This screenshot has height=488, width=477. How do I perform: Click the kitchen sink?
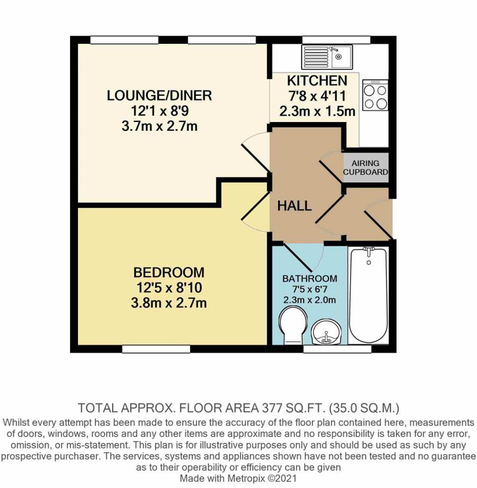pyautogui.click(x=327, y=57)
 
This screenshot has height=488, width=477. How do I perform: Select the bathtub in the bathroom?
pyautogui.click(x=368, y=295)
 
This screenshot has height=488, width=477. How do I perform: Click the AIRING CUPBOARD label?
pyautogui.click(x=366, y=168)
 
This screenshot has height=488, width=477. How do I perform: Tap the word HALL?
pyautogui.click(x=294, y=206)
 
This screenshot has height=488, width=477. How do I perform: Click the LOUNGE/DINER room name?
pyautogui.click(x=159, y=95)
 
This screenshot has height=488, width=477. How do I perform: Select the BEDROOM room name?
pyautogui.click(x=169, y=273)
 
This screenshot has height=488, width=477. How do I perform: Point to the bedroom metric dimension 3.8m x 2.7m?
pyautogui.click(x=169, y=303)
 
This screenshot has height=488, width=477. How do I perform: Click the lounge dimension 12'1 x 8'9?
pyautogui.click(x=159, y=111)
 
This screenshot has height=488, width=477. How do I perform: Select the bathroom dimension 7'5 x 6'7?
pyautogui.click(x=309, y=289)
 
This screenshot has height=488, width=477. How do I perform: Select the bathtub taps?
pyautogui.click(x=369, y=250)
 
